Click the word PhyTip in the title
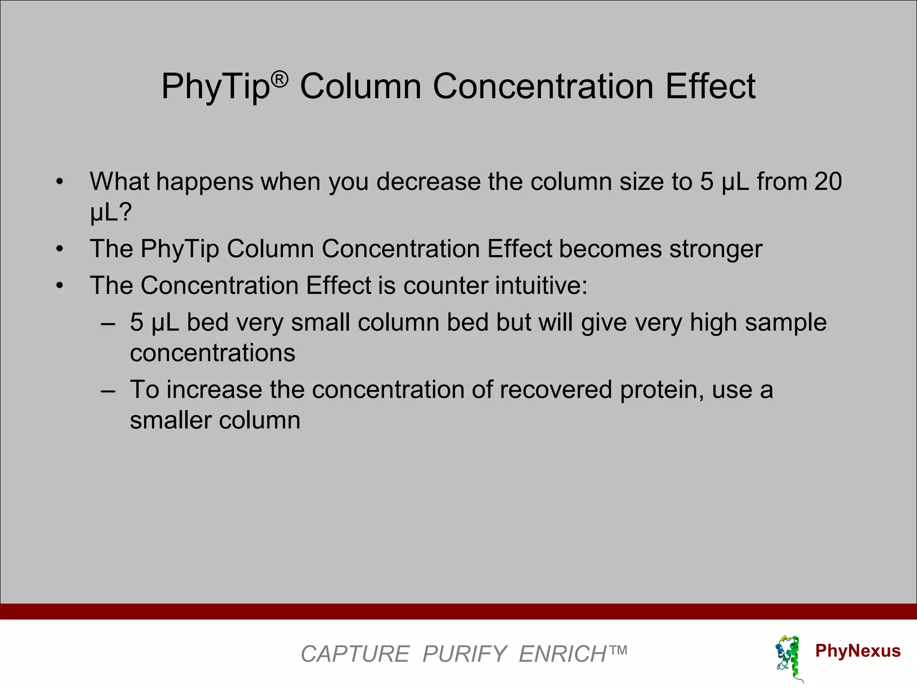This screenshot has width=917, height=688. (x=215, y=86)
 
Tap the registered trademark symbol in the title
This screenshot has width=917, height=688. (x=280, y=80)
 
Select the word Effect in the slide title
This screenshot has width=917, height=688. (x=711, y=86)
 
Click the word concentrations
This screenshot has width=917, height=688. (x=213, y=353)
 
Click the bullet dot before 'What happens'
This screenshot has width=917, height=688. (x=60, y=182)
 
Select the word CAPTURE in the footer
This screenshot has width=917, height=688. (x=355, y=654)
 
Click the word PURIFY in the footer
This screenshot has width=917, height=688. (x=464, y=654)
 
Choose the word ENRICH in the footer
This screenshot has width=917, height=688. (x=562, y=654)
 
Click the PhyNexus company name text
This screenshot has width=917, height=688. (x=857, y=650)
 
